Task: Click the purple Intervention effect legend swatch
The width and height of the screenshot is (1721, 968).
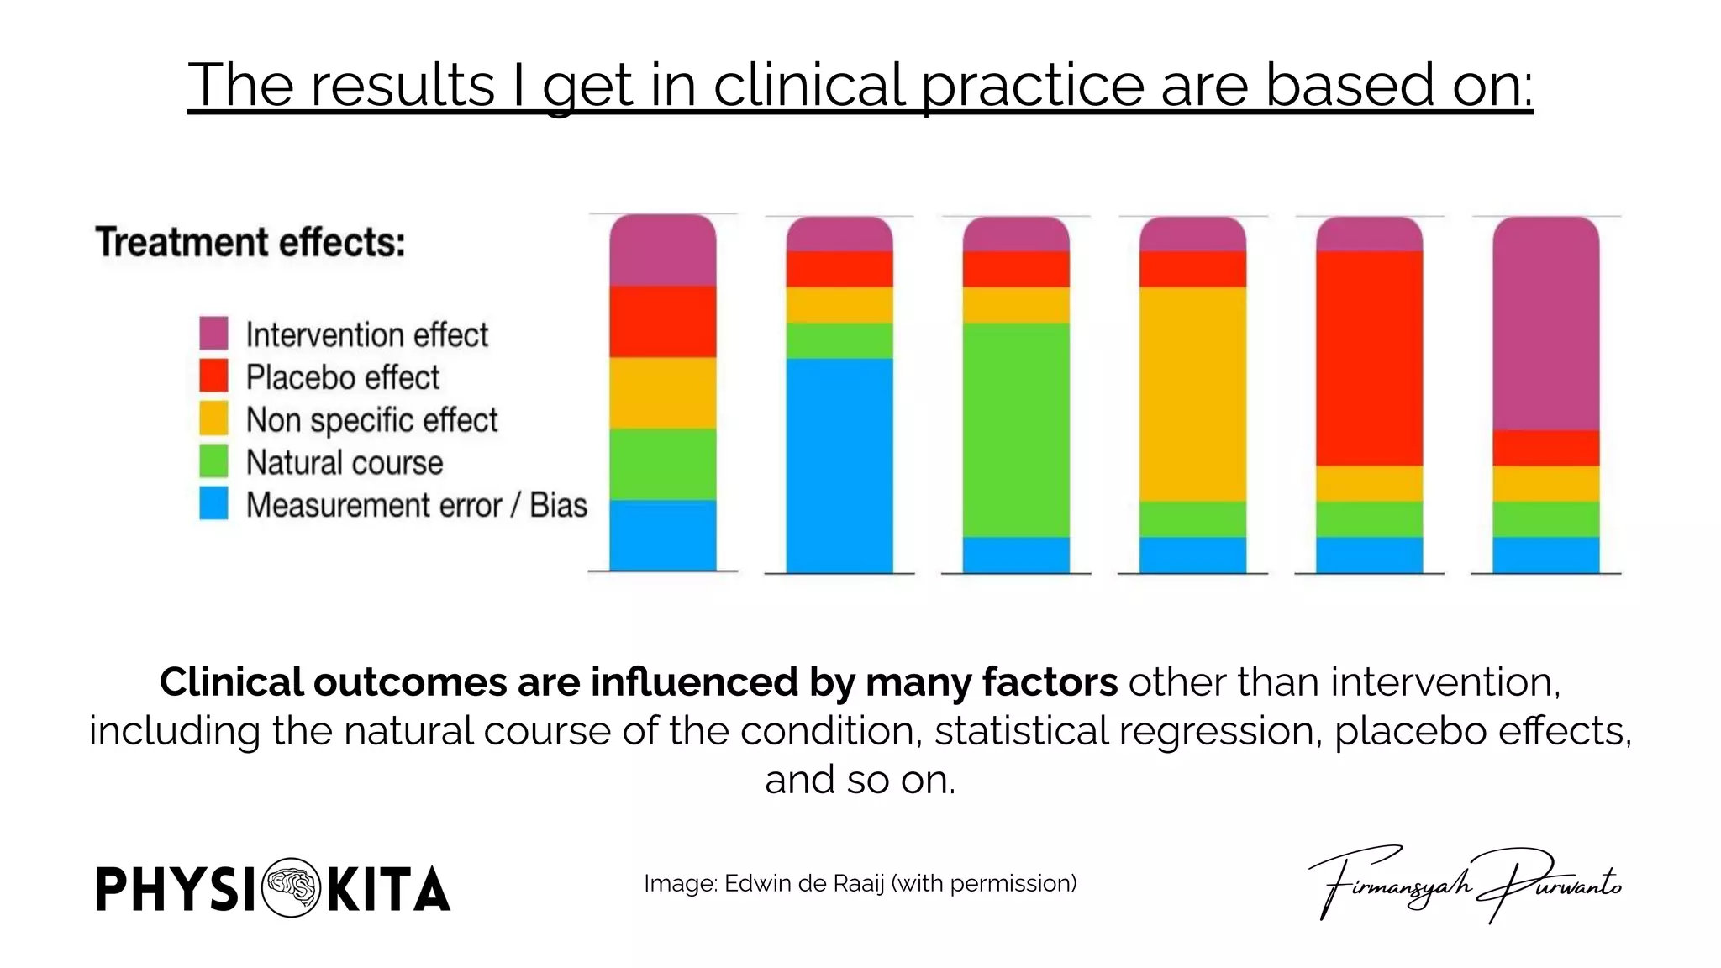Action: (213, 333)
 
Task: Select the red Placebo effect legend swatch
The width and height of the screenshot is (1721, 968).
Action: (213, 376)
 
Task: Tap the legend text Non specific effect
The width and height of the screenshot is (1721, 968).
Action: (371, 419)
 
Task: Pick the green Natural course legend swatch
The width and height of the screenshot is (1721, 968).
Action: (213, 461)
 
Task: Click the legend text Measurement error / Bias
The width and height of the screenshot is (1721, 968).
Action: (416, 505)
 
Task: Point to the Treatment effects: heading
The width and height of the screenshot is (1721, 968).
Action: (250, 242)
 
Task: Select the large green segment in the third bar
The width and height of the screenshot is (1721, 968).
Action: (1015, 429)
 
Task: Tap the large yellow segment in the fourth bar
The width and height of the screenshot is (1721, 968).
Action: (1192, 393)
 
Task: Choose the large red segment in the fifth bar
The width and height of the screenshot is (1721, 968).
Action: (1369, 358)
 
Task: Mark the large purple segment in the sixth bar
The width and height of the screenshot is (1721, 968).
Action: (1545, 324)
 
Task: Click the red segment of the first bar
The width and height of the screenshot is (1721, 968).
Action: (662, 322)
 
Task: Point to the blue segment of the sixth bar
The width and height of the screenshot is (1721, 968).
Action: (1545, 555)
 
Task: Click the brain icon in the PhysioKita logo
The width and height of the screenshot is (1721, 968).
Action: (291, 887)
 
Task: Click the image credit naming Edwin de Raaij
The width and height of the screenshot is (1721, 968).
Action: (860, 883)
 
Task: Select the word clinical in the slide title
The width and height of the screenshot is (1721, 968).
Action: (809, 85)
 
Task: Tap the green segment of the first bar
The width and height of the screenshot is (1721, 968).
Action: (662, 464)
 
